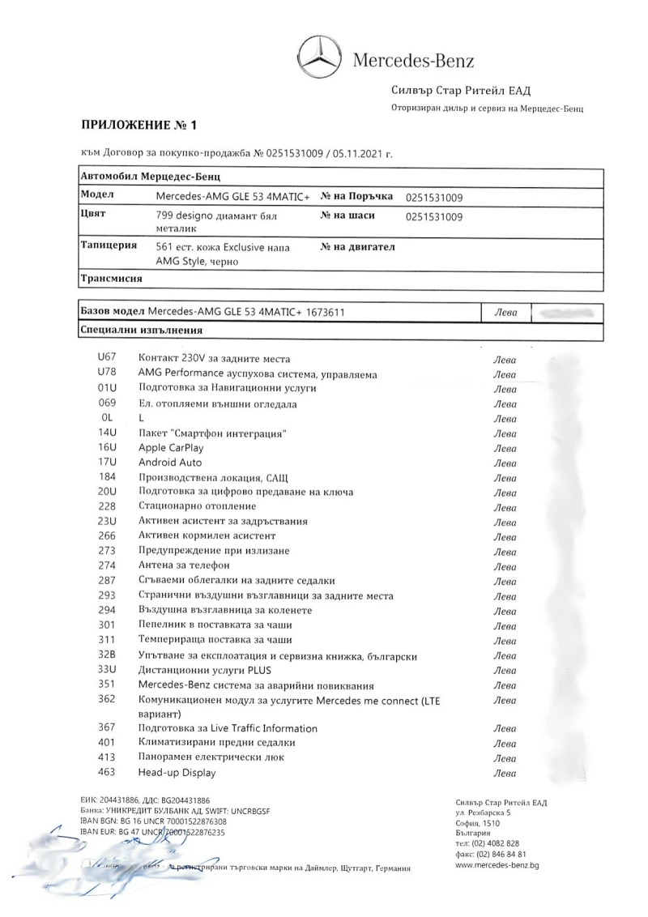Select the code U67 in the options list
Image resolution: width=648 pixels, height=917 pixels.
[107, 359]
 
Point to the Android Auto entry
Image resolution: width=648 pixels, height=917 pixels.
[170, 463]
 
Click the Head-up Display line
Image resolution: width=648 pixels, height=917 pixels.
[177, 773]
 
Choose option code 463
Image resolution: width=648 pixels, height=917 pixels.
[107, 773]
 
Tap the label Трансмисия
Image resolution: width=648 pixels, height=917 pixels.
[112, 279]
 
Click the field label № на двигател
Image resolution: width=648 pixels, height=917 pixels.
[358, 247]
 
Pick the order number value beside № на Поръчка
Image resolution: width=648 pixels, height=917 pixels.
[434, 197]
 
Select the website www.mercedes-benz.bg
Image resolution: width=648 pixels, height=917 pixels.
[497, 865]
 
